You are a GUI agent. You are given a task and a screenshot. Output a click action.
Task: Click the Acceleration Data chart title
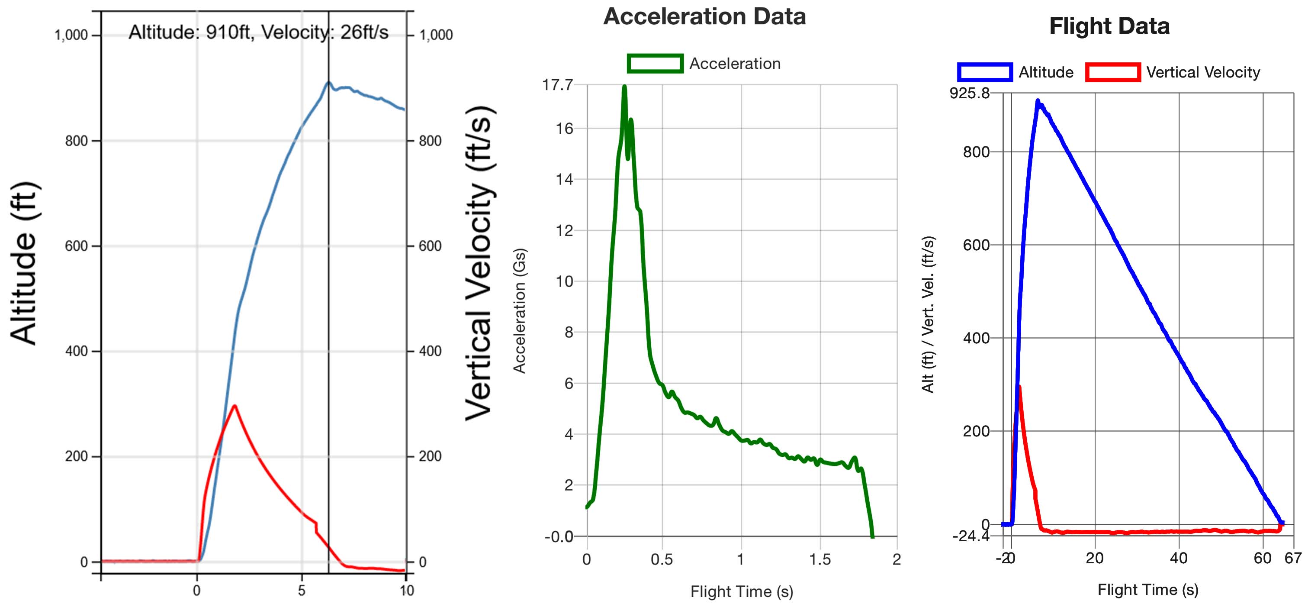(704, 17)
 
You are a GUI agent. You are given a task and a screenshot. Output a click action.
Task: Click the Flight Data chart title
(1109, 26)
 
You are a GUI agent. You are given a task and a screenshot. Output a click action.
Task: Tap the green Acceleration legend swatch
(655, 64)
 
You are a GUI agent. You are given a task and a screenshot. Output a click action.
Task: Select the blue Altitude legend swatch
(984, 72)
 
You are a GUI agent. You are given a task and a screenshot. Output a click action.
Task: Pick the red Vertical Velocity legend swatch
(1112, 72)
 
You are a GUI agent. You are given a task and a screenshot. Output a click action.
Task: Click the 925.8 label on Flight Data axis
(969, 93)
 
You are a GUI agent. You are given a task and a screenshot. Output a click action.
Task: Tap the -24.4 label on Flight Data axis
(971, 536)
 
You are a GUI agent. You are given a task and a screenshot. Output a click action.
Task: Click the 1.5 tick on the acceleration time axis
(820, 559)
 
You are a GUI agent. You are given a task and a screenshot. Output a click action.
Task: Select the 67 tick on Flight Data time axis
(1293, 558)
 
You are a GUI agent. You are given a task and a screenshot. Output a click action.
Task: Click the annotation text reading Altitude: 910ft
(190, 32)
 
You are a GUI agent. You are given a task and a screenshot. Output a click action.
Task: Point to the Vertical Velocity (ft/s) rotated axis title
(479, 263)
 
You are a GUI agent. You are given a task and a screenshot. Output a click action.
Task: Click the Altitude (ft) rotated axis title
(24, 263)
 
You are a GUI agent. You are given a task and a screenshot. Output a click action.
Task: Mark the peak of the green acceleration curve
(624, 86)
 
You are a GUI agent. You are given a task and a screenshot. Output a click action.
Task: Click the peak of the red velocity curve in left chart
(234, 405)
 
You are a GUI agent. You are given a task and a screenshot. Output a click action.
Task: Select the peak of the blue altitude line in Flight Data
(1038, 100)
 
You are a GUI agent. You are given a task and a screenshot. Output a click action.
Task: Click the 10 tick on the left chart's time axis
(406, 590)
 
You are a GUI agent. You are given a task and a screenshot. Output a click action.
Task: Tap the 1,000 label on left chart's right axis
(436, 35)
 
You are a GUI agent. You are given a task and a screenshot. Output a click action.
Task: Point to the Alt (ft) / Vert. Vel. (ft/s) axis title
(928, 314)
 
